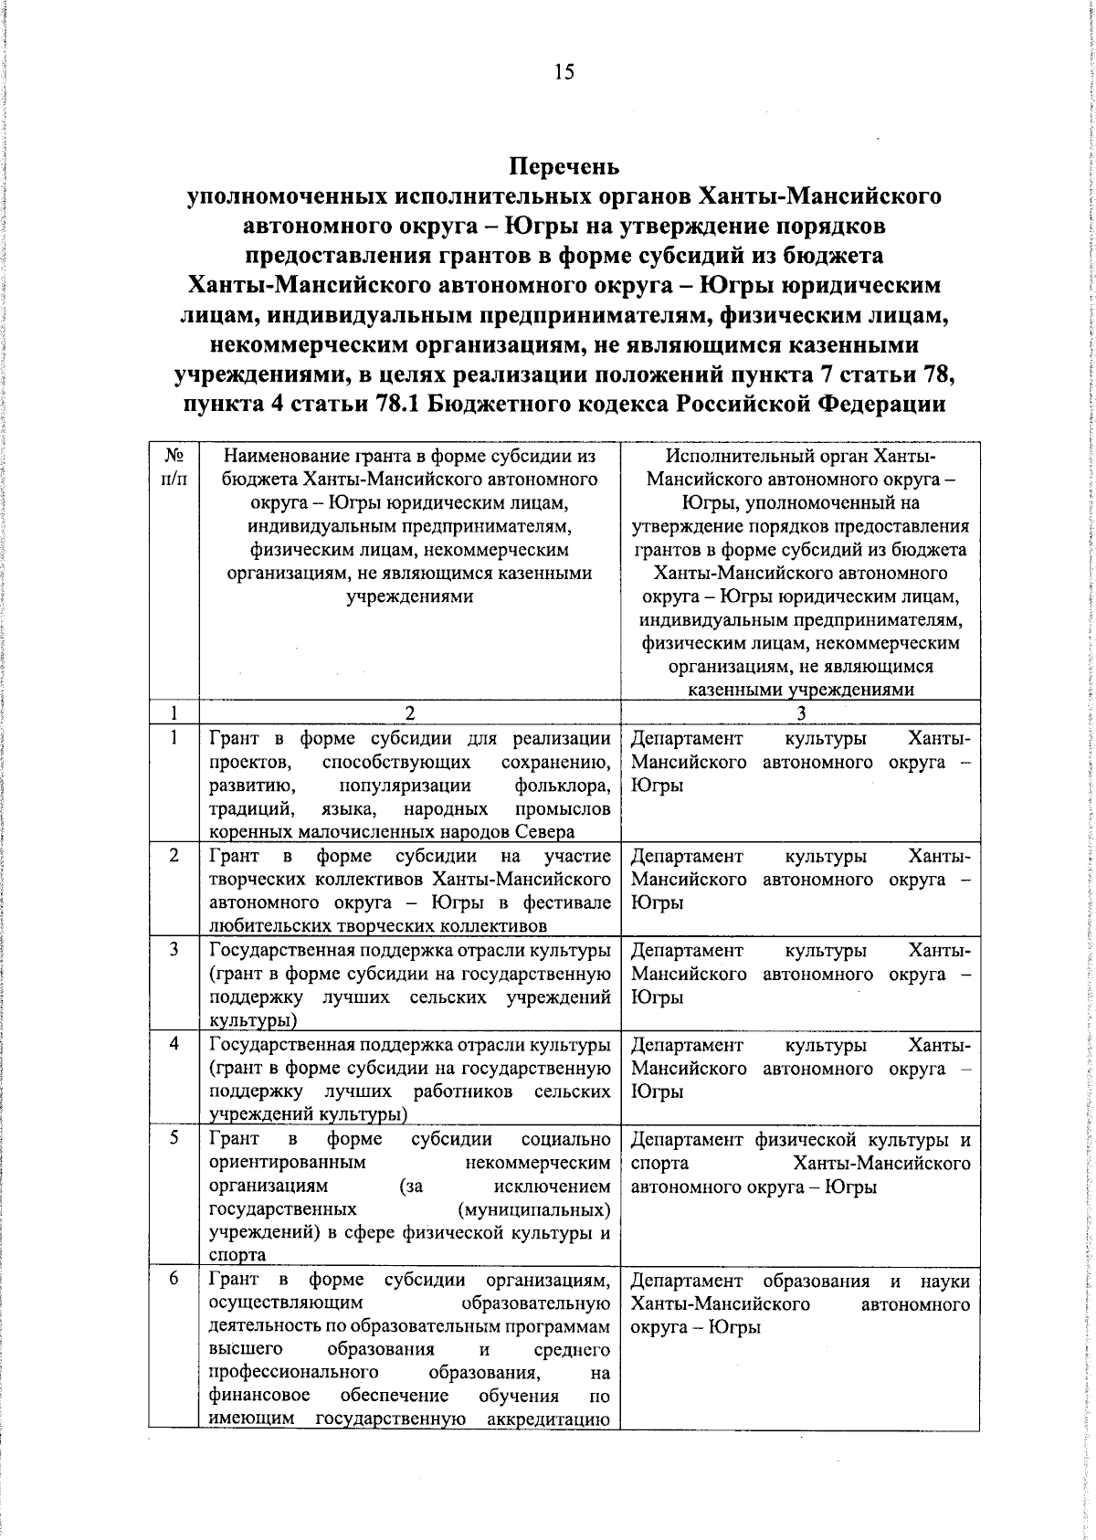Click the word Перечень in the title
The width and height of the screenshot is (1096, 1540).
pyautogui.click(x=564, y=167)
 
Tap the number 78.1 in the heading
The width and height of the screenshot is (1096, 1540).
pyautogui.click(x=399, y=404)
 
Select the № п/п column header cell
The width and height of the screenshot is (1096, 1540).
pyautogui.click(x=174, y=467)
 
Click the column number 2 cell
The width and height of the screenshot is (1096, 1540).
pyautogui.click(x=410, y=712)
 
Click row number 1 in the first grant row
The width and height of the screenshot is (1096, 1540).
pyautogui.click(x=174, y=737)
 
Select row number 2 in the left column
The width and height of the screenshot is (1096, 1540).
pyautogui.click(x=174, y=855)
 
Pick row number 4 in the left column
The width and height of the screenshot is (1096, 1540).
pyautogui.click(x=174, y=1044)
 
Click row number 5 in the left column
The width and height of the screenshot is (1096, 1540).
pyautogui.click(x=174, y=1138)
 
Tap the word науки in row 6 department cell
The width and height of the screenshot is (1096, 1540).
pyautogui.click(x=945, y=1281)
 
